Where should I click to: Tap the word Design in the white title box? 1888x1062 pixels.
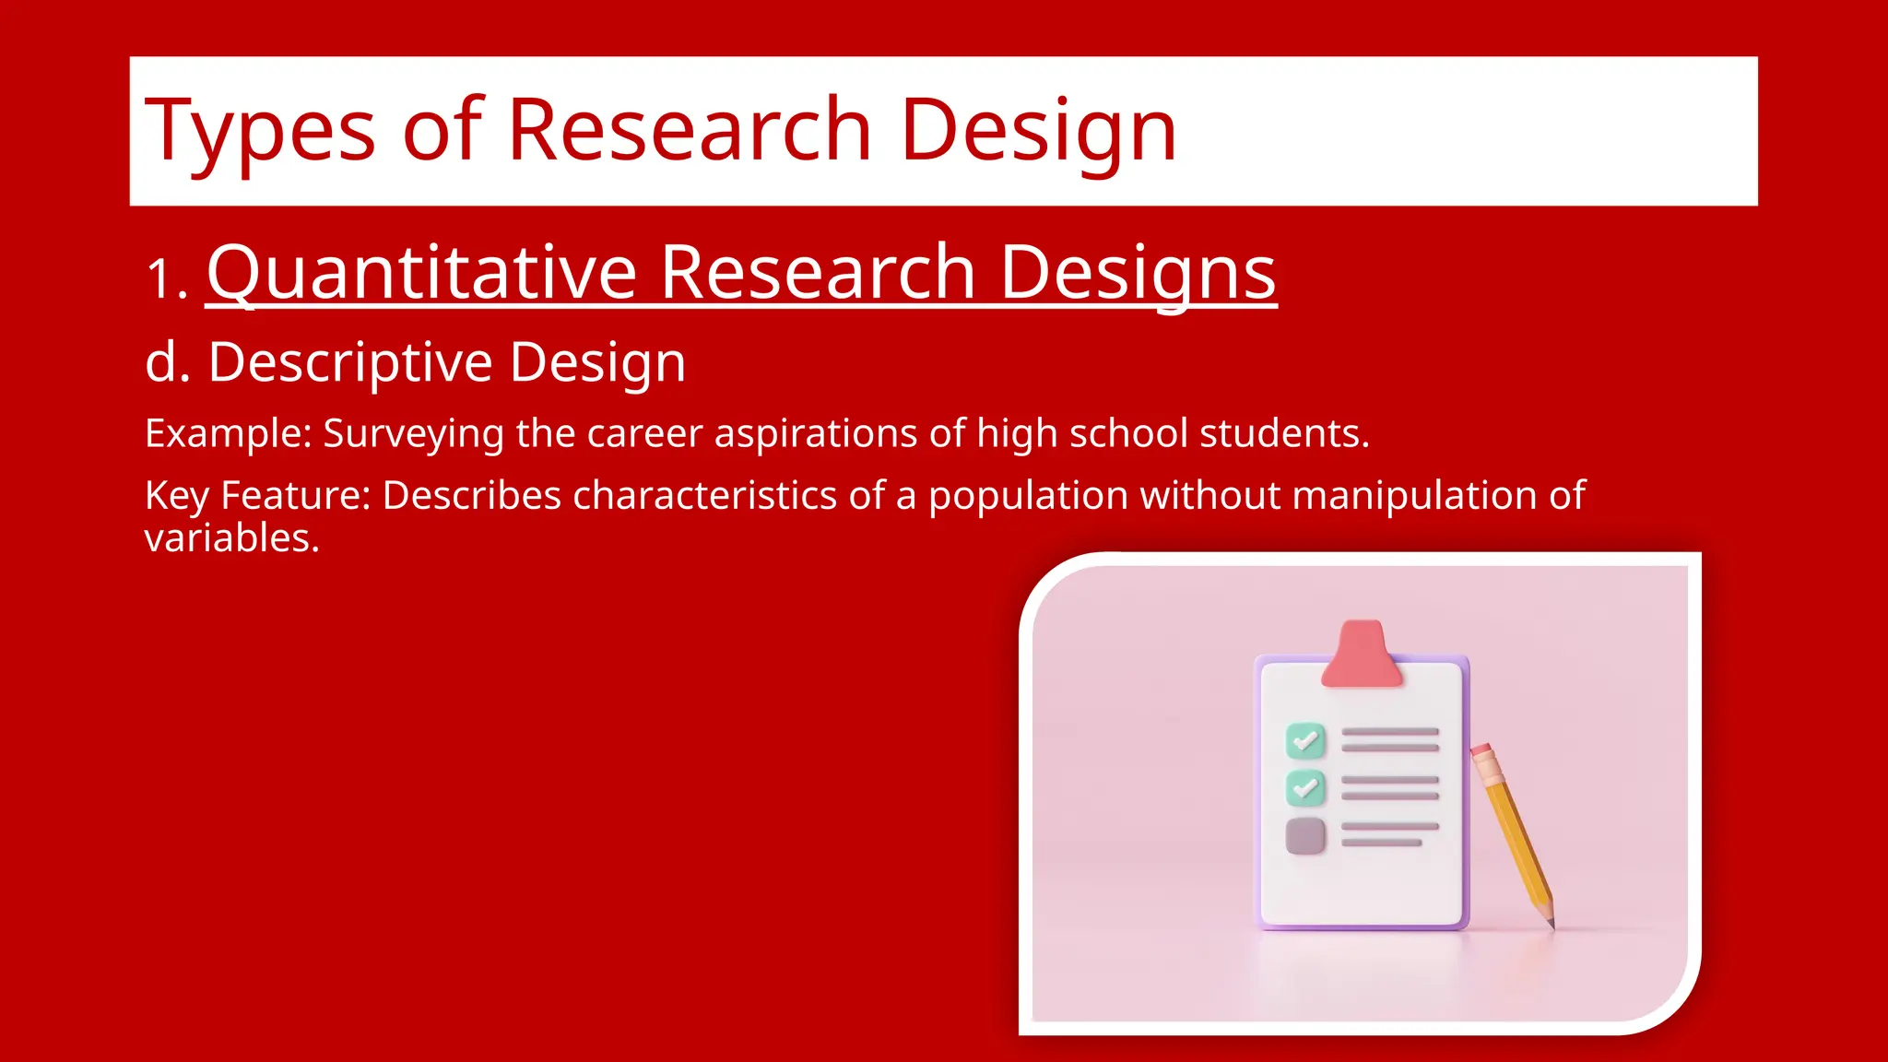1038,132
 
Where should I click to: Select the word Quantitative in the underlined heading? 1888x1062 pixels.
421,273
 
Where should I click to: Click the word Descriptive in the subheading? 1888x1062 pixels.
351,362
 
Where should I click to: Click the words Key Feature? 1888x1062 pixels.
257,496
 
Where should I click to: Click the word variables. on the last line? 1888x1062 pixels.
231,538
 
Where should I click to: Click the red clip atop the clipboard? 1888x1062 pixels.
1362,655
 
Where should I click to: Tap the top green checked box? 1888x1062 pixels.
1305,740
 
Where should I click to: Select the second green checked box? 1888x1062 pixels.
1305,788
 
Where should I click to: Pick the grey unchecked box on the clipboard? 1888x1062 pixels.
1305,836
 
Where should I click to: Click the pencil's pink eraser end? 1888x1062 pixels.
1481,752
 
